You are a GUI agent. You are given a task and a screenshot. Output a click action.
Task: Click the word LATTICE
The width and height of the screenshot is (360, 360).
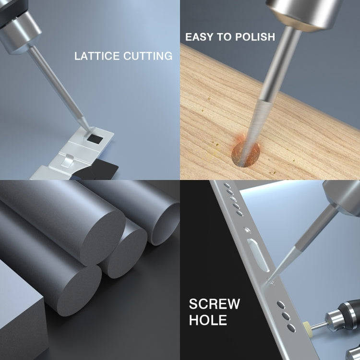[x=97, y=56]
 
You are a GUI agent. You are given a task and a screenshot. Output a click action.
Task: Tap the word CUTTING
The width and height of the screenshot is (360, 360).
[x=148, y=56]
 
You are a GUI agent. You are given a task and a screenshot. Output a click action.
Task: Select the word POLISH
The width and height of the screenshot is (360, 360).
[x=255, y=37]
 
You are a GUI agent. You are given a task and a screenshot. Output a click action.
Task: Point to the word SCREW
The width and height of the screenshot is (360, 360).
[x=215, y=304]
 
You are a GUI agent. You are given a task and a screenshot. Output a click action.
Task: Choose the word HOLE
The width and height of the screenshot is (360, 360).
[x=208, y=320]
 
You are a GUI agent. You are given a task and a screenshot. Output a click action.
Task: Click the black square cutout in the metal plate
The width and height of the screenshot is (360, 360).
[x=95, y=138]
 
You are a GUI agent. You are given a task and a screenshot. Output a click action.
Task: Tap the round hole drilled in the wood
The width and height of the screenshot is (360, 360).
[x=246, y=154]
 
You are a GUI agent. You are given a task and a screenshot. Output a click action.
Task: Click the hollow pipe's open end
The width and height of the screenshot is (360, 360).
[x=165, y=224]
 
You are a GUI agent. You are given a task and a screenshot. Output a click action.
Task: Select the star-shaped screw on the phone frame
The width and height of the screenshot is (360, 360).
[x=247, y=229]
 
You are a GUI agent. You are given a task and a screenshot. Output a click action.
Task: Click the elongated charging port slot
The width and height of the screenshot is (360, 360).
[x=258, y=255]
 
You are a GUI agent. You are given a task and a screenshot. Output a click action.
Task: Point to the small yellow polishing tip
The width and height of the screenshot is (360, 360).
[x=307, y=326]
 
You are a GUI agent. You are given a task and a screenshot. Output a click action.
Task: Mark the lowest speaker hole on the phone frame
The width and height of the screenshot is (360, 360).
[x=291, y=328]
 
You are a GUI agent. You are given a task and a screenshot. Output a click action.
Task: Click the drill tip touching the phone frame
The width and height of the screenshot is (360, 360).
[x=269, y=281]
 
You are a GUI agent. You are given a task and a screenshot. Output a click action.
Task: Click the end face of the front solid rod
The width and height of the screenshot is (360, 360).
[x=79, y=291]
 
